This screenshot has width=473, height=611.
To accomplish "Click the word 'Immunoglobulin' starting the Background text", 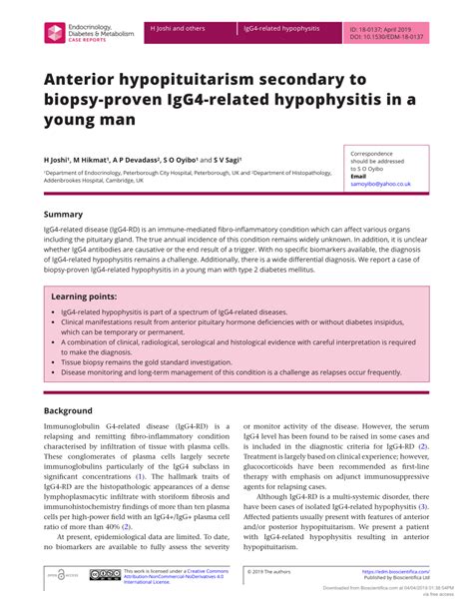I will [x=80, y=426].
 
